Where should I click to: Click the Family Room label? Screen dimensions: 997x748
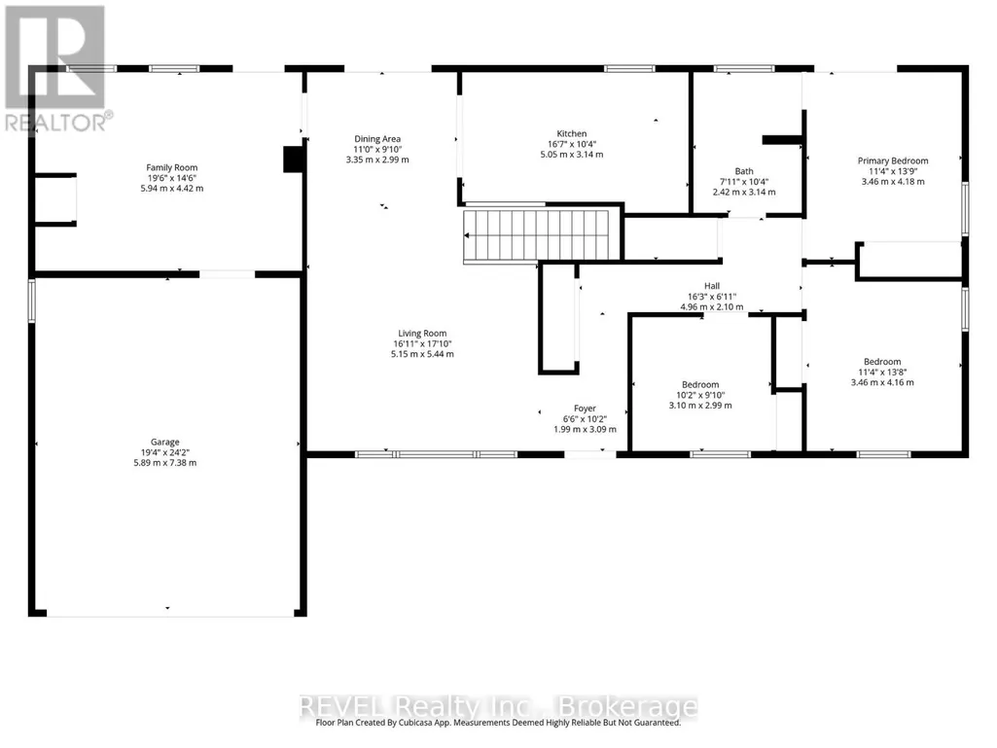click(x=171, y=168)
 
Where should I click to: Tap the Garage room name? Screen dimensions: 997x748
click(x=164, y=442)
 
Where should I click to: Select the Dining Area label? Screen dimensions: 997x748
click(x=377, y=139)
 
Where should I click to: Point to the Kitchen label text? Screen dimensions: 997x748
click(x=572, y=133)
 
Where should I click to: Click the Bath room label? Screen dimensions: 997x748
click(x=744, y=171)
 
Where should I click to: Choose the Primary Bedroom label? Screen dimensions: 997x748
click(x=893, y=160)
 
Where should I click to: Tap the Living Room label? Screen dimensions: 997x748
click(x=422, y=334)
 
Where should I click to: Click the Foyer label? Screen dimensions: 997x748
click(x=585, y=409)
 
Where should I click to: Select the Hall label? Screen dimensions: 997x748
click(x=712, y=286)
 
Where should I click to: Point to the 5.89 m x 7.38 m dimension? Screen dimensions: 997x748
click(x=164, y=463)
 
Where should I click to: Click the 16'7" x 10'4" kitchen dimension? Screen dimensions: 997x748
click(x=572, y=144)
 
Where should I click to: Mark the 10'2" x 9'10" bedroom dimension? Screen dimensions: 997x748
click(x=700, y=395)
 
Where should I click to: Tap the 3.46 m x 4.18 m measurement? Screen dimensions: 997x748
click(x=893, y=182)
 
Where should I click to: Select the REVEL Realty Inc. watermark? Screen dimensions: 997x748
click(x=498, y=706)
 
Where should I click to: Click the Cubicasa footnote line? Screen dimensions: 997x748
click(x=498, y=723)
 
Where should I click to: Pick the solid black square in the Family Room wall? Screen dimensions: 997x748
click(x=293, y=159)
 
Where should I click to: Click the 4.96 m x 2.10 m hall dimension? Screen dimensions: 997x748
click(x=712, y=307)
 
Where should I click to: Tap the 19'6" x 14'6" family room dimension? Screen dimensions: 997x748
click(x=171, y=178)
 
